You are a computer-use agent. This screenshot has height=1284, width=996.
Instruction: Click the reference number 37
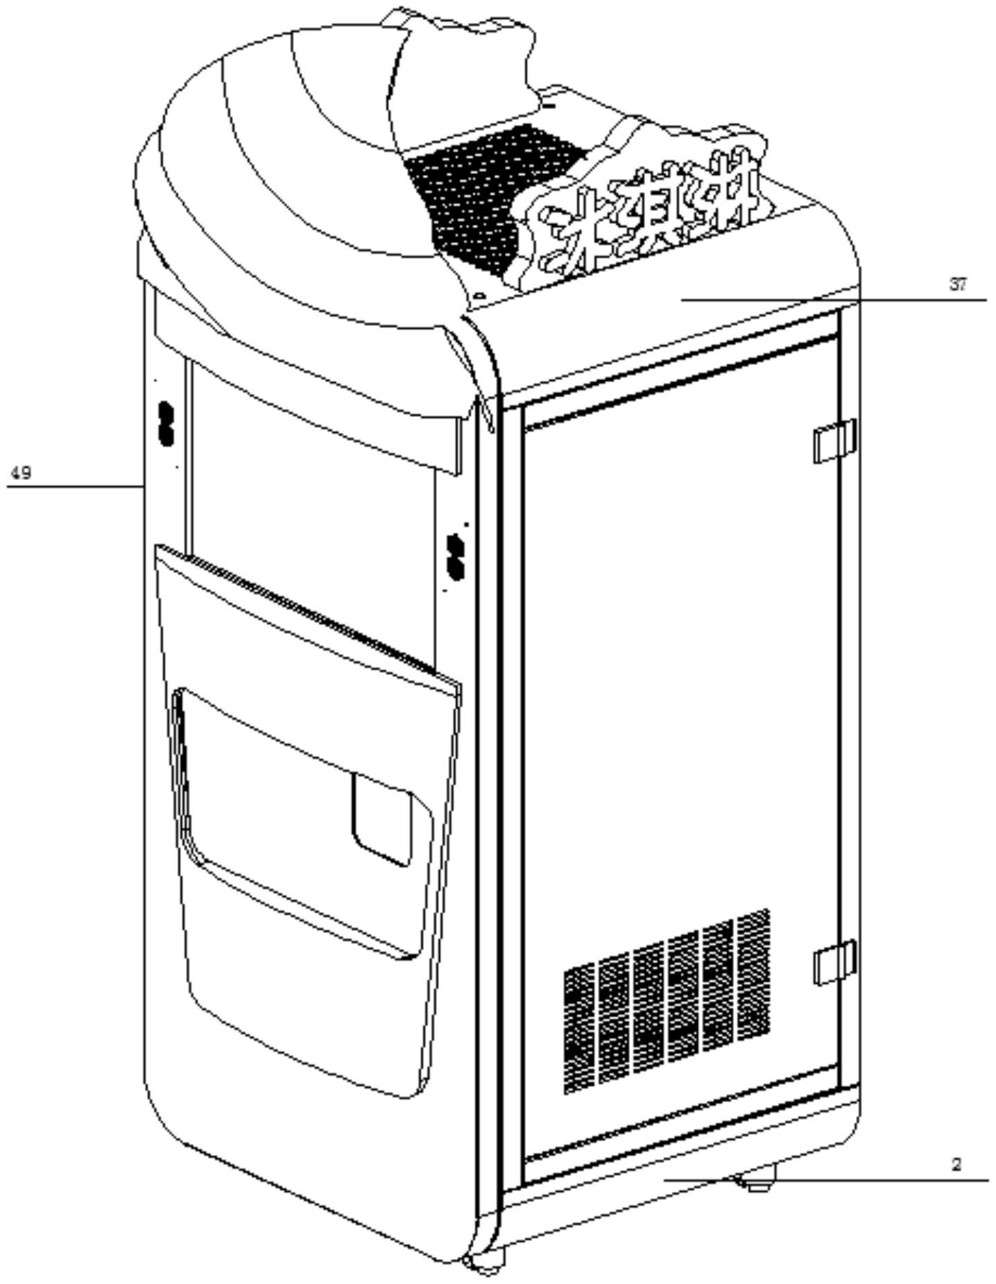957,284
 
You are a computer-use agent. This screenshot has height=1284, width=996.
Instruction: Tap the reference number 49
21,473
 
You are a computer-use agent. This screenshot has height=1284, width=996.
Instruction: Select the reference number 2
956,1165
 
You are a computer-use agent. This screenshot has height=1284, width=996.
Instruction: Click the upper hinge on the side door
834,440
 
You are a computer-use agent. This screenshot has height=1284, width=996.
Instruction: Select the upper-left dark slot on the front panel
166,424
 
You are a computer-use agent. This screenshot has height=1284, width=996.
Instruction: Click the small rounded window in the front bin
382,819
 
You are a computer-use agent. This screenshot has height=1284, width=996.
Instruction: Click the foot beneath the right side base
759,1180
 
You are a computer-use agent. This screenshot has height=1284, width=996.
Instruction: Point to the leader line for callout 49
76,487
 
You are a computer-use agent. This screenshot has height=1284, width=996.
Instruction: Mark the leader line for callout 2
832,1179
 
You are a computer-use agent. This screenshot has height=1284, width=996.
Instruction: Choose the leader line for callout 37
832,300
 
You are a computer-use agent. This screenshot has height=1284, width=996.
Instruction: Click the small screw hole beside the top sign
479,296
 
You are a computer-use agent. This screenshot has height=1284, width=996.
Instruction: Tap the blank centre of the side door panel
680,694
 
